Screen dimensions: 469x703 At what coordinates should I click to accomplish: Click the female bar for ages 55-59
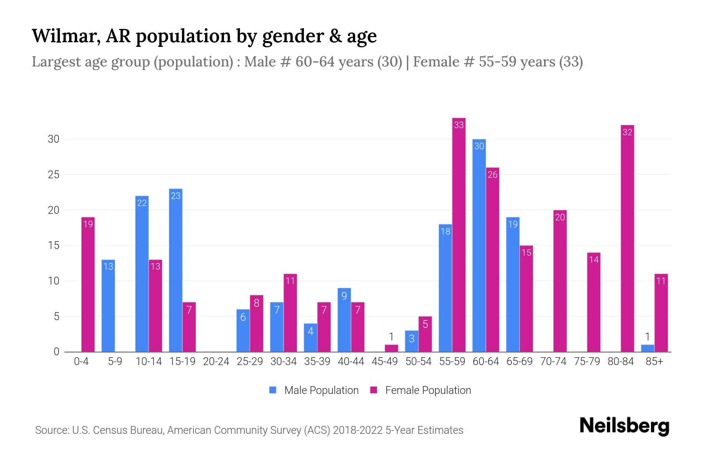click(459, 234)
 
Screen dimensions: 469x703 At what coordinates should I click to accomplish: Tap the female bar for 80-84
click(627, 238)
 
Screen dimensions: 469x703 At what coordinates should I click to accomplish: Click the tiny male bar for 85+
click(648, 348)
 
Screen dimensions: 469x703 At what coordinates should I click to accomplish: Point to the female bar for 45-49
click(391, 348)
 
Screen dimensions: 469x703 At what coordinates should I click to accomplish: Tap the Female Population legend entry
click(421, 390)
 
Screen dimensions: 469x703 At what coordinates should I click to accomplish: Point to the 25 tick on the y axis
click(54, 175)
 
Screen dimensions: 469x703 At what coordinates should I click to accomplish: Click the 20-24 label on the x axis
click(216, 362)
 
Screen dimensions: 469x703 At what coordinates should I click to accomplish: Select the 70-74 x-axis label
click(553, 362)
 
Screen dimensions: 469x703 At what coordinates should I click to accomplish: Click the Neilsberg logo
click(624, 426)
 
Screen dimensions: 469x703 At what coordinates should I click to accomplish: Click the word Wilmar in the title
click(62, 36)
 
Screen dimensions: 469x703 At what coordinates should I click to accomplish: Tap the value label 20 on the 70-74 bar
click(560, 217)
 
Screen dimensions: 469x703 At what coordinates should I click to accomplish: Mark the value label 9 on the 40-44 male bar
click(344, 296)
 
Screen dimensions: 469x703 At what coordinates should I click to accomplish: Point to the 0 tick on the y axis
click(56, 352)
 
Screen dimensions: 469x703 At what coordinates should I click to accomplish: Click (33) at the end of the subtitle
click(571, 62)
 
